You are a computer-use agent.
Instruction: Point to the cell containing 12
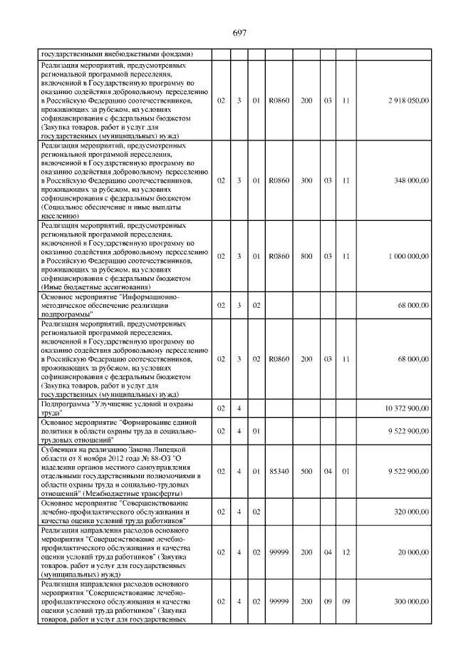point(346,552)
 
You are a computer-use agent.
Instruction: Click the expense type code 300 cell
point(306,181)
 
